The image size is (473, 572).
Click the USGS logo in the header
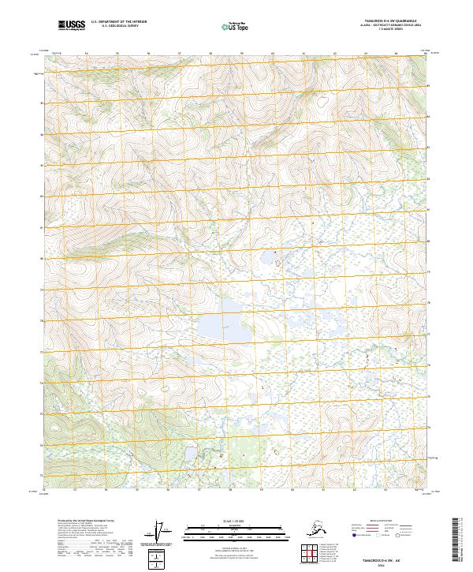point(72,26)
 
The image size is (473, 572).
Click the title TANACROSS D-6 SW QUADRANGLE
point(393,21)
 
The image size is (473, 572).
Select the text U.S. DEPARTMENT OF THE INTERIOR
point(120,24)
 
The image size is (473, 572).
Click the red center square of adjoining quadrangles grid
point(309,552)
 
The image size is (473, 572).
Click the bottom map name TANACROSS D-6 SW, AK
point(393,556)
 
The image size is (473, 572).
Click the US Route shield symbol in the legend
point(385,534)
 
